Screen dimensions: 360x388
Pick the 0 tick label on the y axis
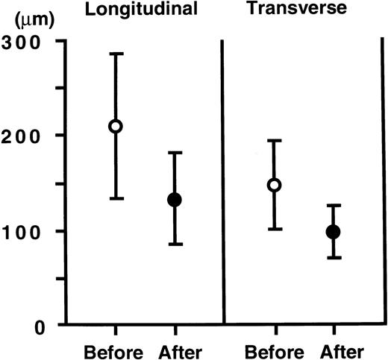(36, 326)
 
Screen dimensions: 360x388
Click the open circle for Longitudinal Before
(116, 126)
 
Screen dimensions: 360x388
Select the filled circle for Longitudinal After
(175, 200)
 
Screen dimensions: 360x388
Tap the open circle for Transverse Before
(275, 185)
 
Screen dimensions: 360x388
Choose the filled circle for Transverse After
(334, 232)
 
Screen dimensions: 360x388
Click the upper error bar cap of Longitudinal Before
(116, 54)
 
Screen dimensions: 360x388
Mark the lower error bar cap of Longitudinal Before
(116, 198)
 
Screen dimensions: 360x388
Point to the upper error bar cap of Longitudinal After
(175, 153)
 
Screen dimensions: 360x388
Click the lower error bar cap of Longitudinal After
(175, 244)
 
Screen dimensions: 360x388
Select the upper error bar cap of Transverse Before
(275, 140)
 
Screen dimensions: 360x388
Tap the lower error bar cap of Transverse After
(334, 258)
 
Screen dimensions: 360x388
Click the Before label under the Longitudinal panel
(116, 351)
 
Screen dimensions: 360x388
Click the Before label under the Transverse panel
(274, 351)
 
